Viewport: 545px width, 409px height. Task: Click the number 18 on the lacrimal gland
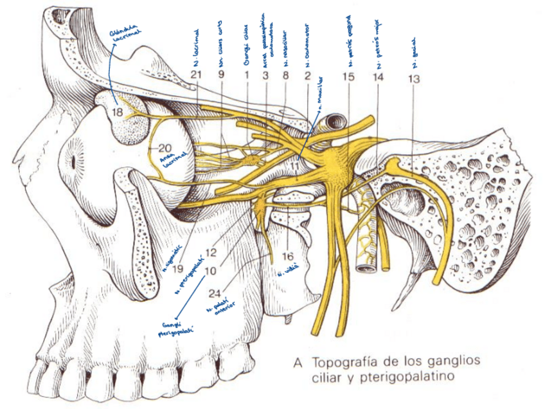pos(117,113)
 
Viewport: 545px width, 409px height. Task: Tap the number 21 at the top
pos(197,75)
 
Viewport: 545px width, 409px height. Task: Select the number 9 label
pos(222,75)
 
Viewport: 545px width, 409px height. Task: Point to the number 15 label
pos(348,77)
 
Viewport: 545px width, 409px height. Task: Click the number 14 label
pos(378,77)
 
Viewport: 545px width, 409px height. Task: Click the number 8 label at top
pos(285,75)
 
